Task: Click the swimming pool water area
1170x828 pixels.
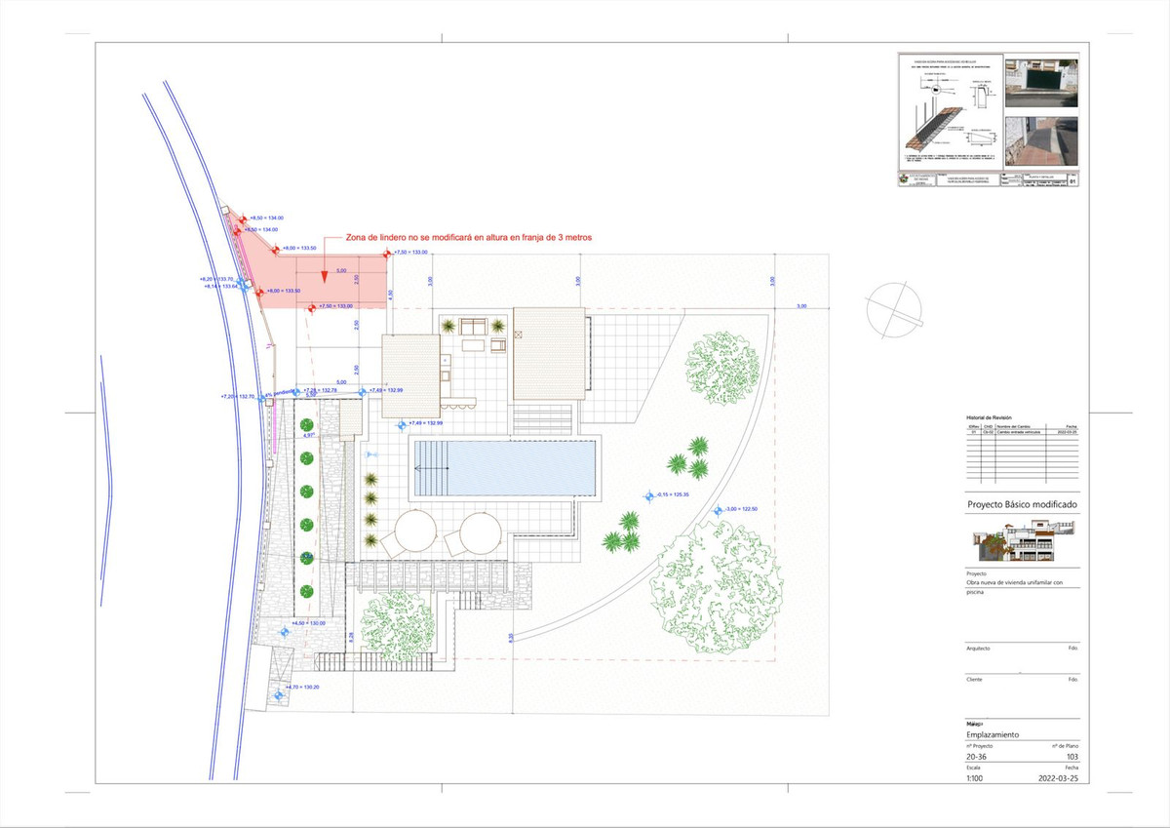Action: pyautogui.click(x=505, y=467)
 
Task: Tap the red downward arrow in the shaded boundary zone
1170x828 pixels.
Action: pyautogui.click(x=323, y=278)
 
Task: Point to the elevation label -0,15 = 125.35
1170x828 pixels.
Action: pyautogui.click(x=673, y=495)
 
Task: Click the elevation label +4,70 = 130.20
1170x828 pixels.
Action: pyautogui.click(x=302, y=688)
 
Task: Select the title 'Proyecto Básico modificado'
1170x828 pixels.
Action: pyautogui.click(x=1021, y=505)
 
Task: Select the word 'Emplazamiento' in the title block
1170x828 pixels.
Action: pyautogui.click(x=994, y=733)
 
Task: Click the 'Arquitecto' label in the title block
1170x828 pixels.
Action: pyautogui.click(x=978, y=648)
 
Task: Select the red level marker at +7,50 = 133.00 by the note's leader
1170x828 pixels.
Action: pyautogui.click(x=386, y=254)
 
